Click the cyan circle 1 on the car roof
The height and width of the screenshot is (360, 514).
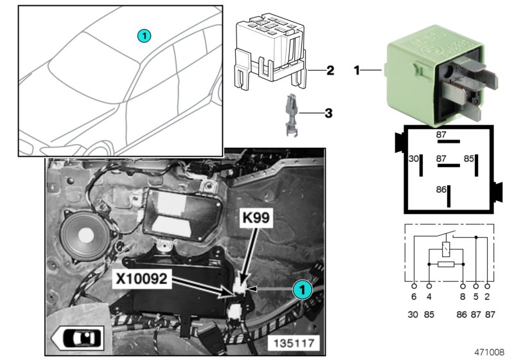(x=145, y=36)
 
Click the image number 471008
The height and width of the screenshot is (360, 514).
(x=490, y=352)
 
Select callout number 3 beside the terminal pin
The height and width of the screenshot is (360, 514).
(x=328, y=113)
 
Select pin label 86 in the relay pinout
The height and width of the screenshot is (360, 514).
(x=441, y=190)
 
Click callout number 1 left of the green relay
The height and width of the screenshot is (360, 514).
(x=357, y=69)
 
